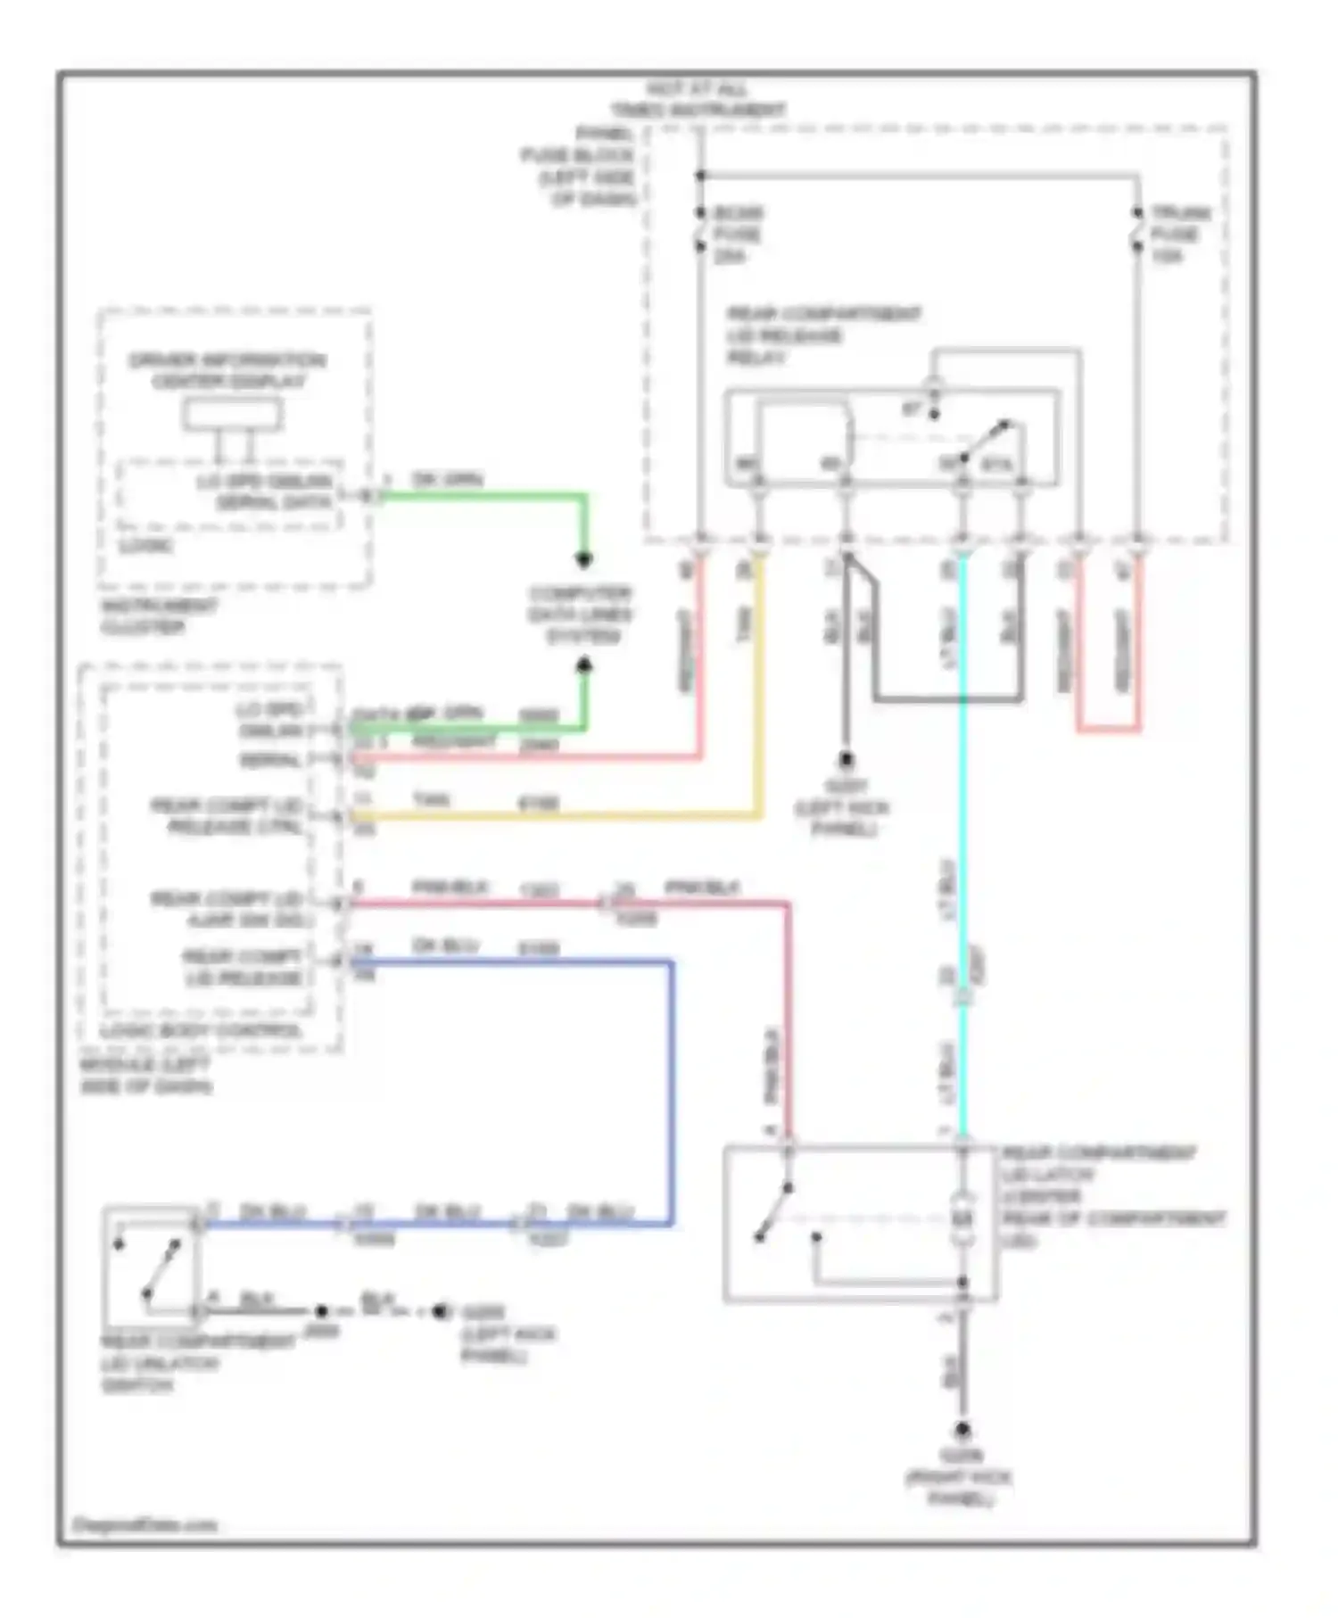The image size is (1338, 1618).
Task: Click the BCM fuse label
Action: tap(738, 234)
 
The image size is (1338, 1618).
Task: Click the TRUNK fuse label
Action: tap(1179, 234)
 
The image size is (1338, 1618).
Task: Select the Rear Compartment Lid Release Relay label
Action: tap(822, 335)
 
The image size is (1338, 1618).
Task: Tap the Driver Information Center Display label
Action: tap(227, 371)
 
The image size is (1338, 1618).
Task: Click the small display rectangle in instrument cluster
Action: tap(233, 415)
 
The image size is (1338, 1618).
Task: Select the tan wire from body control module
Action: tap(553, 815)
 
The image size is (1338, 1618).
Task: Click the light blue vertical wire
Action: tap(963, 803)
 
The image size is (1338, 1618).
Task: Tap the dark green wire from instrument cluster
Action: tap(482, 496)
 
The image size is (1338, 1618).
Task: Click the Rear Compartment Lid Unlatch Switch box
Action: tap(151, 1267)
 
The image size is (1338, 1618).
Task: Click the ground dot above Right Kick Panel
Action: tap(963, 1430)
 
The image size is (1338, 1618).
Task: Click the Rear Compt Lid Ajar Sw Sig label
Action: tap(227, 909)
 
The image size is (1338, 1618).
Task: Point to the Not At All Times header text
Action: tap(698, 99)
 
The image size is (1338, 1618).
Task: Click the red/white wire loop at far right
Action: tap(1108, 729)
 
